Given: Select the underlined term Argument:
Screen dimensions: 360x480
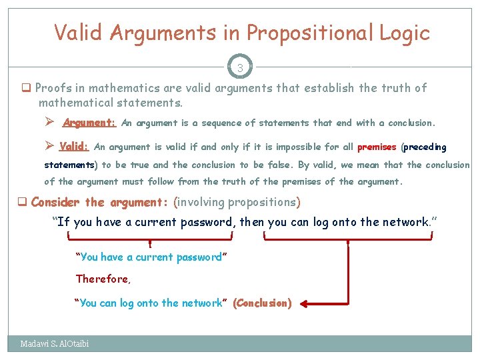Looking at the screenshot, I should pos(89,123).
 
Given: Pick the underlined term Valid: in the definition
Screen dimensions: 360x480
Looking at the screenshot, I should pos(74,147).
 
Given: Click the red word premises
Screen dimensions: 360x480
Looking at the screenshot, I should pos(377,147).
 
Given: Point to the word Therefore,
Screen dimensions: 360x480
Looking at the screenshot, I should pos(103,279).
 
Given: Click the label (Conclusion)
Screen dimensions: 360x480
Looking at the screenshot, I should pos(262,303).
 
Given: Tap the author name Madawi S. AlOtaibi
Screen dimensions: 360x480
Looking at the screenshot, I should pos(55,344).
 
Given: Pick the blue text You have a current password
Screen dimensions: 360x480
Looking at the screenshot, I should pos(151,257).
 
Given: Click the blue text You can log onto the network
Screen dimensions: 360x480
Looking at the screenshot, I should pos(151,303).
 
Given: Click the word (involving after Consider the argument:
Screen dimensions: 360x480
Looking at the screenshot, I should pos(199,202).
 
